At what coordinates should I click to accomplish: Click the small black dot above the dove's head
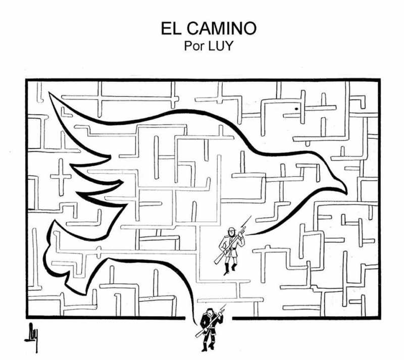point(296,108)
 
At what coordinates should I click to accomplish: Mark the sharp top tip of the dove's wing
point(49,93)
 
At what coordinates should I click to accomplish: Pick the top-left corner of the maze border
point(27,80)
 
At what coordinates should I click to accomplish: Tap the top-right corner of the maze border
point(378,80)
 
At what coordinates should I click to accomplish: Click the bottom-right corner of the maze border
point(378,318)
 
